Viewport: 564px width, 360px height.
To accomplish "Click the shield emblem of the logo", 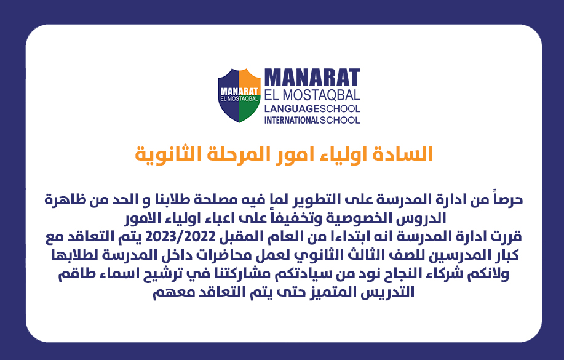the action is pos(239,95).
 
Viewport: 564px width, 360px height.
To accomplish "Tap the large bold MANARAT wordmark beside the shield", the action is pos(312,78).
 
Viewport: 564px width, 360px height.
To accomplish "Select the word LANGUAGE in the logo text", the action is pos(292,109).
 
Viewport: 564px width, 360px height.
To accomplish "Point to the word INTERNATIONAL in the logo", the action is pos(292,120).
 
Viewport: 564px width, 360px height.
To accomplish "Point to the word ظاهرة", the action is pos(60,199).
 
